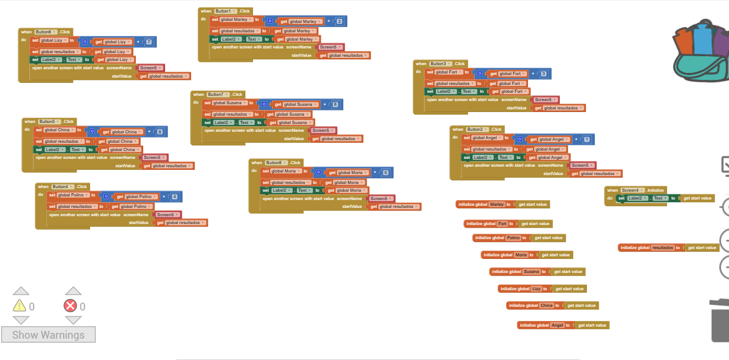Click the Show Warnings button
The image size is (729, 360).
click(48, 334)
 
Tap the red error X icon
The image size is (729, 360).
click(70, 306)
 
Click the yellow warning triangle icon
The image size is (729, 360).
click(20, 306)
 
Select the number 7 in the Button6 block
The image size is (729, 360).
click(149, 42)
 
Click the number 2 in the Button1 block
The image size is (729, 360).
click(340, 21)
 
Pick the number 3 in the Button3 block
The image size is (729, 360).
click(544, 74)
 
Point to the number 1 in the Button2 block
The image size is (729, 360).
click(587, 140)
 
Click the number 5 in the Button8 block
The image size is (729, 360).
click(385, 172)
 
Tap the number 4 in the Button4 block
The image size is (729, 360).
click(174, 197)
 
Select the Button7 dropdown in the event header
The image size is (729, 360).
click(217, 94)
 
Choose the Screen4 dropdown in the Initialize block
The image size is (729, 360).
click(632, 190)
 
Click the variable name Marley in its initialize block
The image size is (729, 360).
click(497, 204)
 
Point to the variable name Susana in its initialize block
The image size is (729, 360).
click(532, 271)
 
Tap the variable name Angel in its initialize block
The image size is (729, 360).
click(557, 325)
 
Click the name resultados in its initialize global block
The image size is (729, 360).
click(662, 247)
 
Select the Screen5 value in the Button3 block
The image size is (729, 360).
click(545, 100)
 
